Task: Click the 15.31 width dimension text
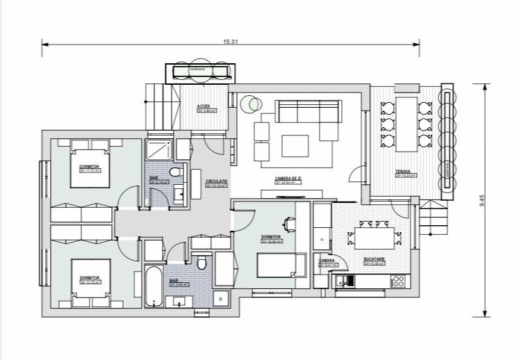click(231, 42)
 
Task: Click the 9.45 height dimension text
click(481, 200)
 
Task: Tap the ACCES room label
click(203, 106)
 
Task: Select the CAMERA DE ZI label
click(287, 179)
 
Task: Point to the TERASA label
click(403, 172)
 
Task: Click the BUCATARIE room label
click(374, 259)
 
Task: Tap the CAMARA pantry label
click(327, 261)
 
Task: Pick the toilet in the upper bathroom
click(175, 172)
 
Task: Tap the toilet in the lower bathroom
click(201, 263)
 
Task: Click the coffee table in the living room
click(295, 145)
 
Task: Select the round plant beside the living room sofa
click(250, 104)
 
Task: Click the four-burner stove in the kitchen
click(398, 281)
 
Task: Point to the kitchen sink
click(345, 281)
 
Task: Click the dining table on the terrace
click(405, 125)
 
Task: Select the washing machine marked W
click(221, 297)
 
